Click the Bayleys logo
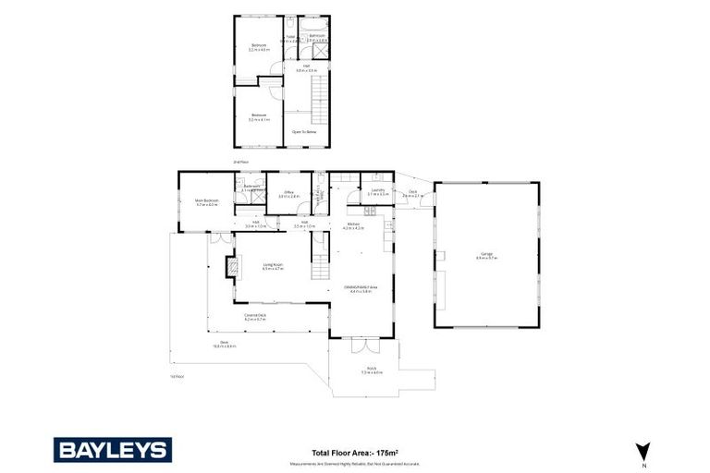112,450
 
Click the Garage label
486,255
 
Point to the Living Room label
272,265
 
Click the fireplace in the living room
233,267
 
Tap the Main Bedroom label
206,201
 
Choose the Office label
289,192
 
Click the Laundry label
377,190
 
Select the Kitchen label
353,224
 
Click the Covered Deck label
255,316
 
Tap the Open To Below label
305,132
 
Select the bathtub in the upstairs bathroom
318,25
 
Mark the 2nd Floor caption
241,162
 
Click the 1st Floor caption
177,376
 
